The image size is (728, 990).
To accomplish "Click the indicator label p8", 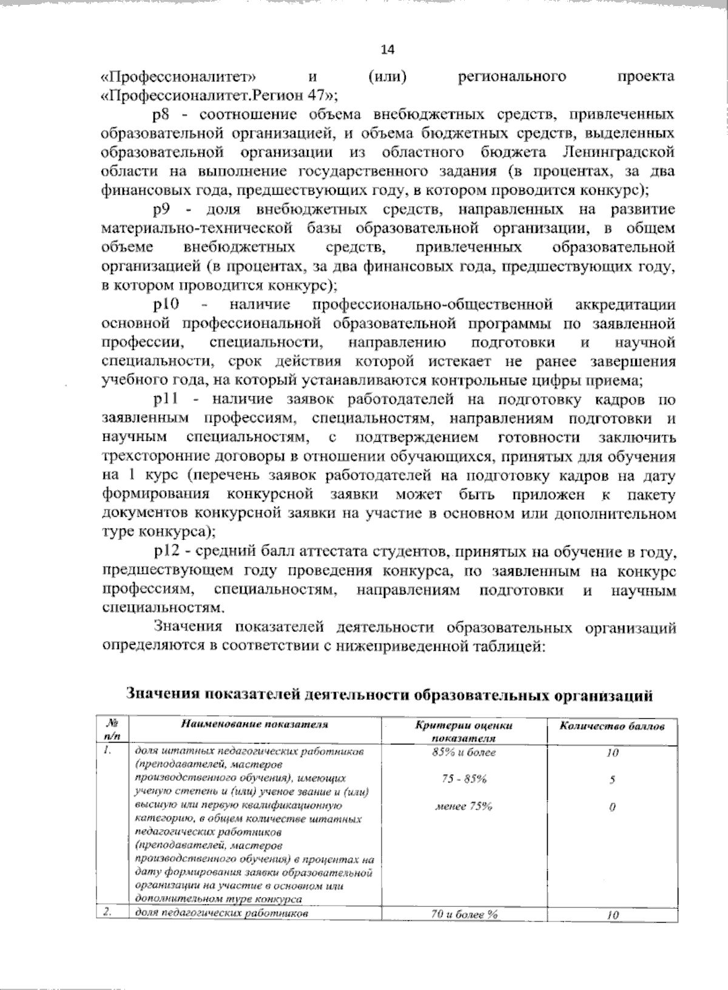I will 161,115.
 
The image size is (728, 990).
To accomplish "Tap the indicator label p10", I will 165,305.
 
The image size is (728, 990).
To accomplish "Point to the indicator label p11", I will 164,400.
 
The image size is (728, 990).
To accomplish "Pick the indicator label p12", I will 164,551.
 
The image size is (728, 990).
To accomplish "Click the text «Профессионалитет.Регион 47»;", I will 220,95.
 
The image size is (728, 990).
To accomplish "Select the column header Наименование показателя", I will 255,724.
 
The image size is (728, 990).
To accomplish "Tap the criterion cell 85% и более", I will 464,752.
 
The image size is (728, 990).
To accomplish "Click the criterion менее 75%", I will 464,806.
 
